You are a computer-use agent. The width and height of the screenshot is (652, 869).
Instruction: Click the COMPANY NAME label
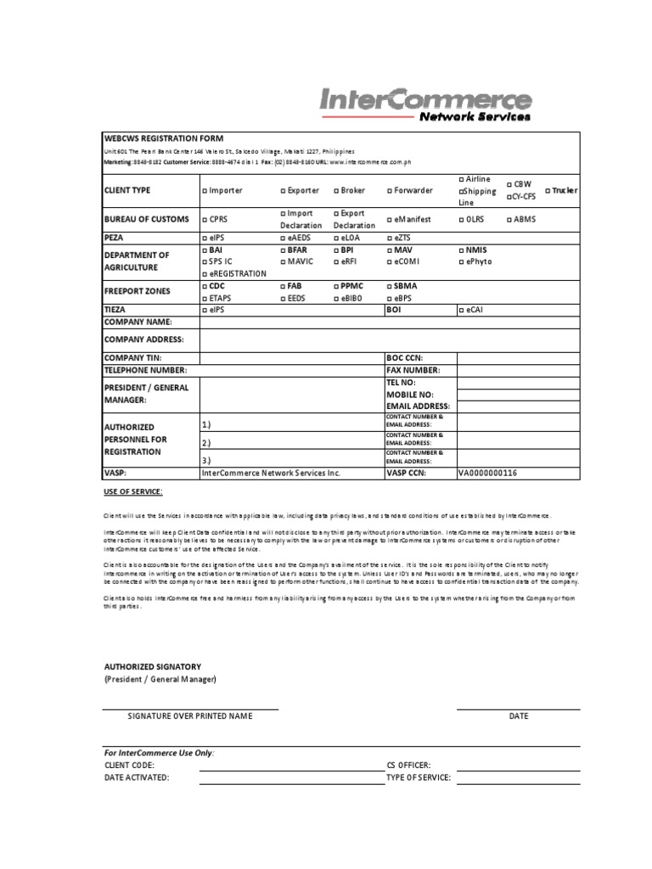[x=138, y=322]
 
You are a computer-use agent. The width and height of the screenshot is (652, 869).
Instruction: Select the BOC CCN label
[x=404, y=359]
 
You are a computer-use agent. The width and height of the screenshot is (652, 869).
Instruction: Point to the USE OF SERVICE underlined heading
[x=132, y=492]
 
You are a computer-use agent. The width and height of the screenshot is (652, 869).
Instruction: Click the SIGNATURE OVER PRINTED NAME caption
[x=190, y=716]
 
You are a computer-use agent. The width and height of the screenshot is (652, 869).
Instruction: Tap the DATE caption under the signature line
[x=519, y=716]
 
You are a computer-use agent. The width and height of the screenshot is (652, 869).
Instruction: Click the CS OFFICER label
[x=408, y=765]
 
